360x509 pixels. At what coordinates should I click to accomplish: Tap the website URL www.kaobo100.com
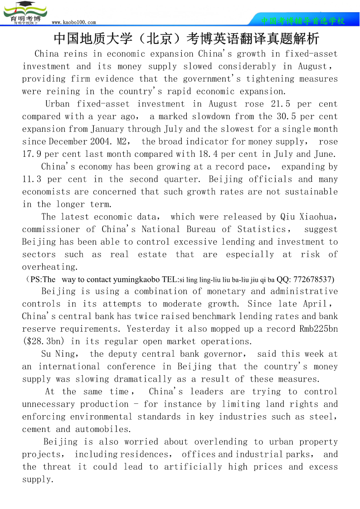coord(74,22)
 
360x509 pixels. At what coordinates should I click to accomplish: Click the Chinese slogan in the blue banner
coord(303,21)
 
